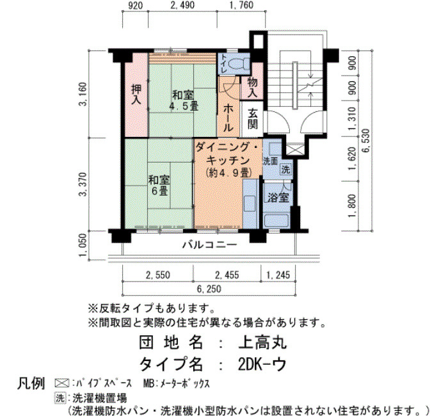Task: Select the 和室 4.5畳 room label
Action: pos(183,100)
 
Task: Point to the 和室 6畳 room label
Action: pos(159,186)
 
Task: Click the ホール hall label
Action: pos(228,118)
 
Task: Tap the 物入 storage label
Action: pos(252,87)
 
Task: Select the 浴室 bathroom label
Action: pos(278,197)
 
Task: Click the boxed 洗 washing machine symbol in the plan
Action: pos(285,170)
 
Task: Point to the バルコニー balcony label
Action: pos(210,245)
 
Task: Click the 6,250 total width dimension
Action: pos(209,289)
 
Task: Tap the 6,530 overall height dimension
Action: pos(366,145)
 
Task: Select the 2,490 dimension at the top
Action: pos(182,5)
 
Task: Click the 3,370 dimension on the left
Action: pos(83,184)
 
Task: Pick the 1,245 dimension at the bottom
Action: pos(278,275)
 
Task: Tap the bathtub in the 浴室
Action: pos(276,221)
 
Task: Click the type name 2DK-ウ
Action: pos(262,364)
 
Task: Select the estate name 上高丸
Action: pos(262,342)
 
